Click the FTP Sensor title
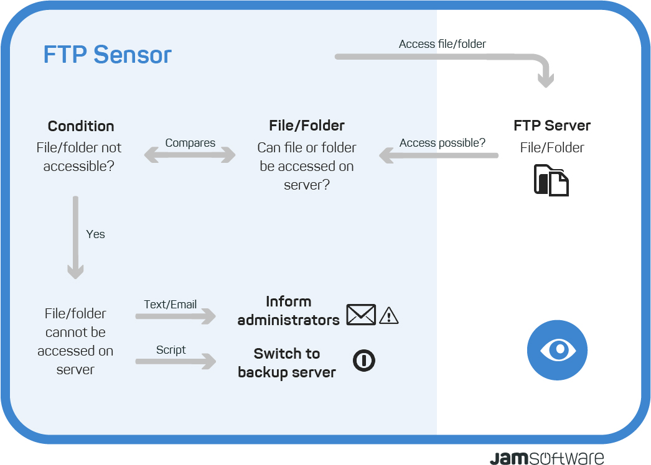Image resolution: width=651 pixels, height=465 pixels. coord(107,54)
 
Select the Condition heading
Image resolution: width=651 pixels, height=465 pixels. coord(81,126)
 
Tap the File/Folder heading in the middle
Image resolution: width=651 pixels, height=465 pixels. coord(307,126)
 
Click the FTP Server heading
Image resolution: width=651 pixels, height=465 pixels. coord(552,126)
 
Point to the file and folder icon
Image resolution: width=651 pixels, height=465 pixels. coord(551,180)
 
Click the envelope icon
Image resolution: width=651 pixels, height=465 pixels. coord(361,315)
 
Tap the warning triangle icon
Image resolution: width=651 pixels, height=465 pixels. coord(388,316)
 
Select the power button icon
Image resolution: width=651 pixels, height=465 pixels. coord(364,360)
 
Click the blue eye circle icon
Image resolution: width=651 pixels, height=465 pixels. coord(557,350)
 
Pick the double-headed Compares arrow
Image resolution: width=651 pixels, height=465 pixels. coord(190,155)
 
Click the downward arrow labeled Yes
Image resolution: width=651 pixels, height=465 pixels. coord(75,237)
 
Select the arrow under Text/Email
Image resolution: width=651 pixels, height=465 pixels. coord(176,316)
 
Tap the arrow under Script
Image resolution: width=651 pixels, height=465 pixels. coord(176,361)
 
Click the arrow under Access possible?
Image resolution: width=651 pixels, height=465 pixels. coord(438,155)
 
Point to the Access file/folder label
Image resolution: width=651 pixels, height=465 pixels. coord(442,44)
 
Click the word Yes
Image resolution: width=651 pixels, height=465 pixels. coord(95,234)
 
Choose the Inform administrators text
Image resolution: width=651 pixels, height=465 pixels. coord(289,311)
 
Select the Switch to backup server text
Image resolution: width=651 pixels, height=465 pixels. coord(287,363)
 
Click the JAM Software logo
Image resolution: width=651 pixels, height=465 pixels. coord(547,458)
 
